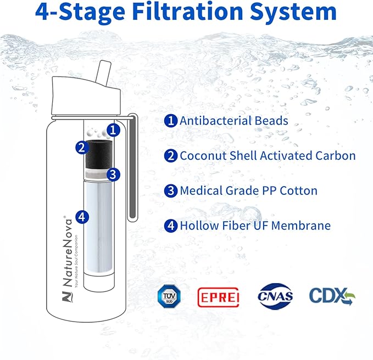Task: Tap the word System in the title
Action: pyautogui.click(x=293, y=13)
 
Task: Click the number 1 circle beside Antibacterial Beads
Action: pyautogui.click(x=171, y=121)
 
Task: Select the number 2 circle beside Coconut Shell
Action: pyautogui.click(x=171, y=156)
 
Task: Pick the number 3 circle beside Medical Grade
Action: pyautogui.click(x=171, y=190)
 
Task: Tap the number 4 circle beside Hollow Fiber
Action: pyautogui.click(x=171, y=226)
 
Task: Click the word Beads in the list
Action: pyautogui.click(x=271, y=121)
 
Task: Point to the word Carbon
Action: pyautogui.click(x=336, y=156)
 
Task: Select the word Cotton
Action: pyautogui.click(x=298, y=190)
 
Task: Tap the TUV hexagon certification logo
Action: pyautogui.click(x=169, y=296)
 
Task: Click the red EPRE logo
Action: pyautogui.click(x=218, y=297)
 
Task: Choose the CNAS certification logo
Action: pyautogui.click(x=275, y=296)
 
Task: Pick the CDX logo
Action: pyautogui.click(x=332, y=296)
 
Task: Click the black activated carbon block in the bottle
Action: pyautogui.click(x=98, y=154)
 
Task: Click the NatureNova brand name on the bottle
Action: pyautogui.click(x=68, y=252)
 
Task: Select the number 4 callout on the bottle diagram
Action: pyautogui.click(x=82, y=217)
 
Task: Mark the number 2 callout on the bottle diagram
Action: pyautogui.click(x=82, y=147)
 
